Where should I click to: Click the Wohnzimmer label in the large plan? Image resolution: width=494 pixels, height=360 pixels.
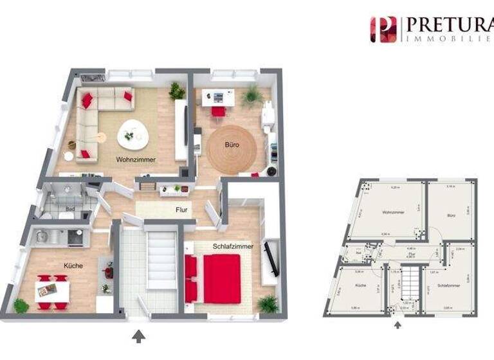[x=136, y=159]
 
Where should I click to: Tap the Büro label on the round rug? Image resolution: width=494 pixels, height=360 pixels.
[x=232, y=145]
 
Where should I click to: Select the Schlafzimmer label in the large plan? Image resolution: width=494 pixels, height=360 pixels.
[x=232, y=246]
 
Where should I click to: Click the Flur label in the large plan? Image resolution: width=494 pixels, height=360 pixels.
[x=183, y=210]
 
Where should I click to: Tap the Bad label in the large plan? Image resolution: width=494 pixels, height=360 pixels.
[x=69, y=209]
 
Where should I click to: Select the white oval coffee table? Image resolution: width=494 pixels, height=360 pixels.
[x=133, y=134]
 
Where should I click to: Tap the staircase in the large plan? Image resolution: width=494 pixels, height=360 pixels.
[x=160, y=258]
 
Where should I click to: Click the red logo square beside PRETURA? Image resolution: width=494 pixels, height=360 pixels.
[x=383, y=29]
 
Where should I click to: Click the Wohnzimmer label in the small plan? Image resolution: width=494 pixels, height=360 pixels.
[x=392, y=212]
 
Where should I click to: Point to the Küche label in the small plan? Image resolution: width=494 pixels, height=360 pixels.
[x=360, y=284]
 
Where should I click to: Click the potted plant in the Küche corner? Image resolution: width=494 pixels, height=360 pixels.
[x=21, y=306]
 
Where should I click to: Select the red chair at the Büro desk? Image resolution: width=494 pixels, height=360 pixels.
[x=218, y=111]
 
